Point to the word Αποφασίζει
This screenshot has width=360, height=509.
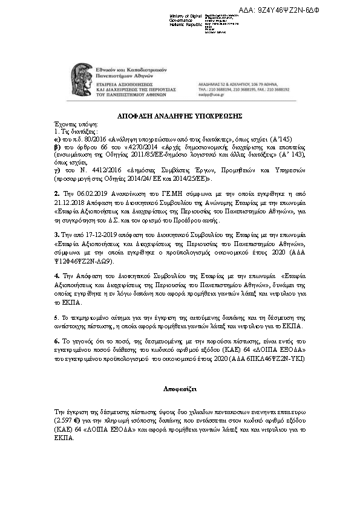click(179, 384)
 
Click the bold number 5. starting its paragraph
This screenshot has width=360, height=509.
click(57, 317)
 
